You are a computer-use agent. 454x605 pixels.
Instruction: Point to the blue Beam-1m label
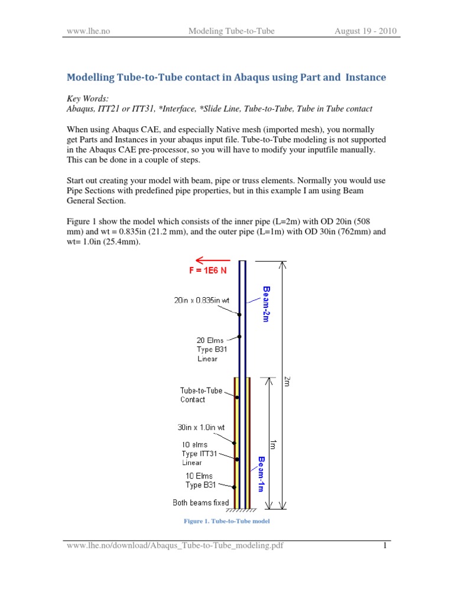[x=261, y=473]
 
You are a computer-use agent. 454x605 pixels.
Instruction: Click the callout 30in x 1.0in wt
[x=200, y=427]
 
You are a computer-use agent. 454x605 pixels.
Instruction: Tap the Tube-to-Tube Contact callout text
[x=201, y=395]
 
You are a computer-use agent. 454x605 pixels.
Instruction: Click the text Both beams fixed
[x=200, y=503]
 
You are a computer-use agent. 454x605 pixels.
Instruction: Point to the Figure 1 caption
[x=228, y=522]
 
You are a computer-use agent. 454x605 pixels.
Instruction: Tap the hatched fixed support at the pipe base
[x=242, y=509]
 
